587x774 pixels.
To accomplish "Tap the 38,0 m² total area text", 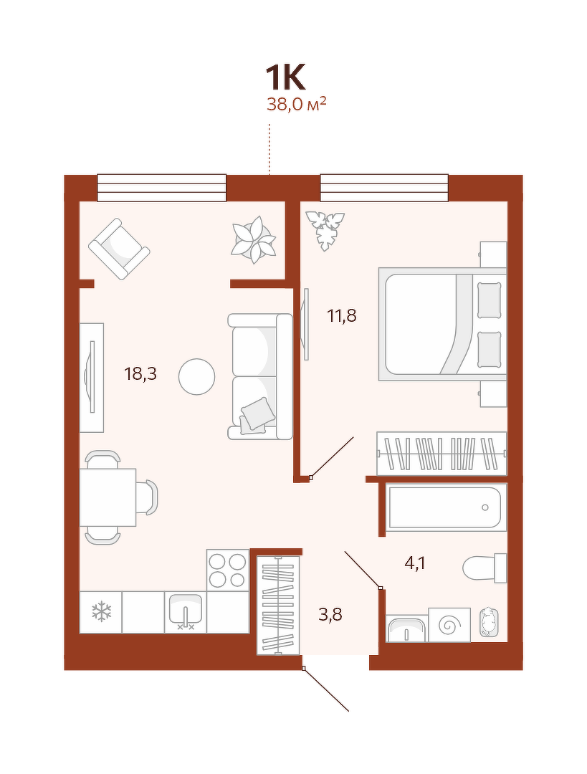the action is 296,104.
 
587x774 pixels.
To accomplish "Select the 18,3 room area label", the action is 140,374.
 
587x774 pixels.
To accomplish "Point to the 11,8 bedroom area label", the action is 342,315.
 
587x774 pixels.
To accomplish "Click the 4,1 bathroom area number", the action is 415,563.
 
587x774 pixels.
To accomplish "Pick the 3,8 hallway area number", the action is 330,615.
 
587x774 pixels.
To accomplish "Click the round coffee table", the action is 197,376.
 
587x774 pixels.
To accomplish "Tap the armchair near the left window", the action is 119,249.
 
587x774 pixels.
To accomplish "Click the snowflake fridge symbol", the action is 101,611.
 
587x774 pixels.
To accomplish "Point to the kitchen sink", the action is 186,611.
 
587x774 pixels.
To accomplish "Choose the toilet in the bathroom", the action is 485,568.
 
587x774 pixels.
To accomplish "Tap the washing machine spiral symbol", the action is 449,625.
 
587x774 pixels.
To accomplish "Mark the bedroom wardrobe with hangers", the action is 442,454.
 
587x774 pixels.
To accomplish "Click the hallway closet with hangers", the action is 278,605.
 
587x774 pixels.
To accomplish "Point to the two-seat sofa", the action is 260,376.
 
